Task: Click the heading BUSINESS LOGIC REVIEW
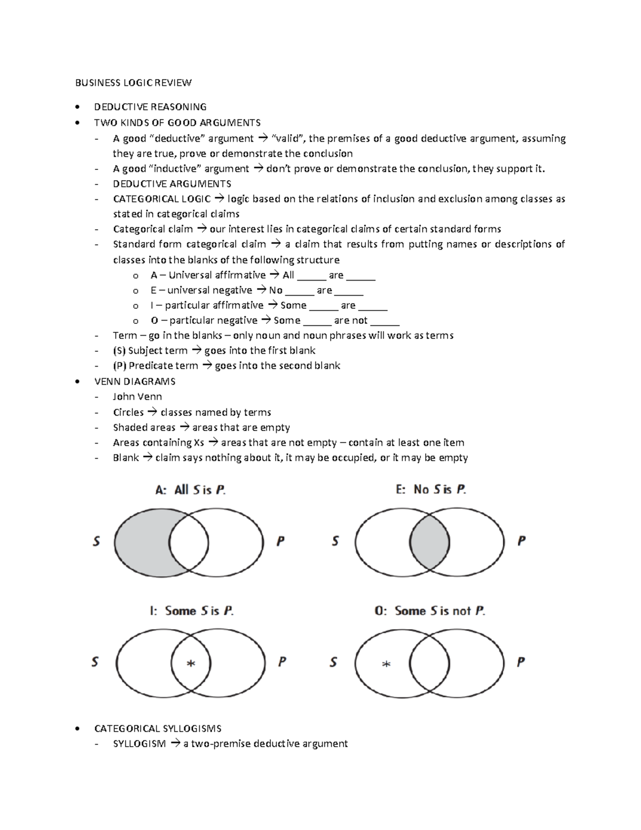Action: click(133, 82)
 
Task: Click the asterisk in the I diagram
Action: click(191, 664)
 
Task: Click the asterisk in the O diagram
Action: click(386, 664)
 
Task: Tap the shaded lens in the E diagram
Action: click(429, 542)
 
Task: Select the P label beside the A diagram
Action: click(280, 541)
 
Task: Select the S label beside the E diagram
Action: click(335, 541)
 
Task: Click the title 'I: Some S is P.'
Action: click(191, 611)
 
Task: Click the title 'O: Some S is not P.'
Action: click(429, 611)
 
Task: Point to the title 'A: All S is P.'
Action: click(190, 490)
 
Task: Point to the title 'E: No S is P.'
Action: click(431, 490)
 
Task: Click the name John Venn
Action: click(137, 397)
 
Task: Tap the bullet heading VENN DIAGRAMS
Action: click(135, 382)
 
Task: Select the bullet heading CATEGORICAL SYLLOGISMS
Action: click(158, 728)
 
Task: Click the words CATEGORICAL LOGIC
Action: click(161, 199)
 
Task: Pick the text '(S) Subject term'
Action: click(150, 351)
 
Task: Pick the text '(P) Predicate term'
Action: click(155, 366)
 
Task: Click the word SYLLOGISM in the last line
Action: click(139, 743)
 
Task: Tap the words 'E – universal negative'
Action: click(201, 290)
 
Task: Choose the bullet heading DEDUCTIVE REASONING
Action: click(150, 107)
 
